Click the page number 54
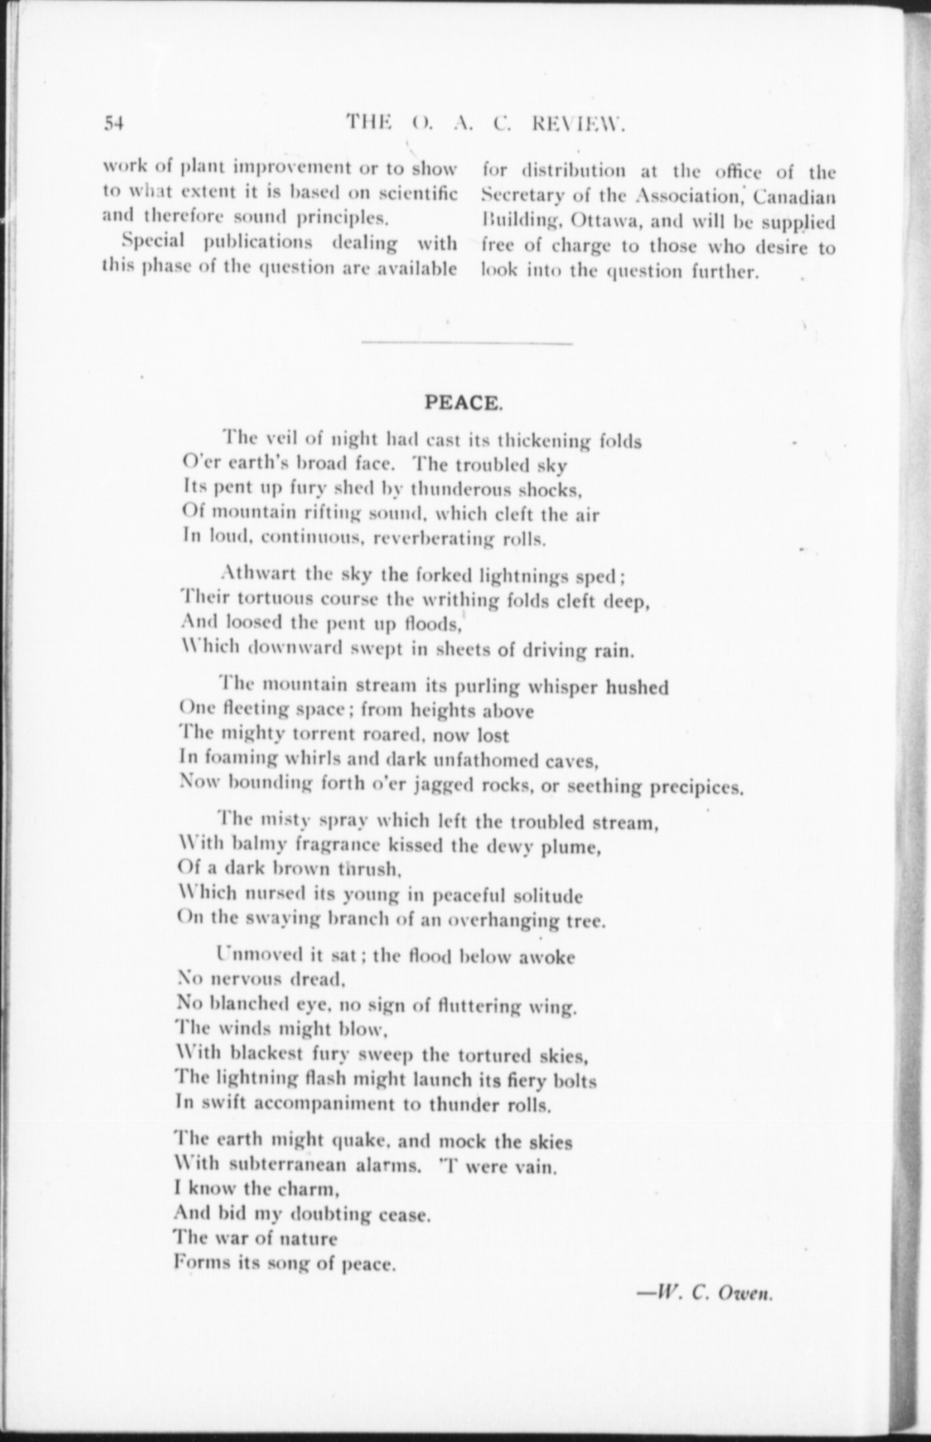pos(115,123)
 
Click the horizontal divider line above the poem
pos(467,344)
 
